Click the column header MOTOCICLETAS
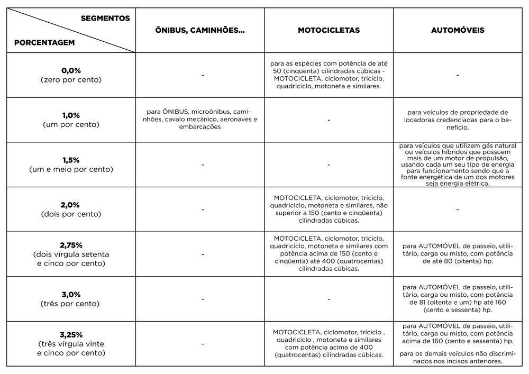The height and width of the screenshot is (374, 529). pyautogui.click(x=329, y=30)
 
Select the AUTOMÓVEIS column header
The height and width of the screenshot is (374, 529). pyautogui.click(x=458, y=30)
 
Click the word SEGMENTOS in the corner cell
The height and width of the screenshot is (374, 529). pyautogui.click(x=105, y=18)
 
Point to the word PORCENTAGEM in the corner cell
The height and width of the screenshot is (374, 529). pyautogui.click(x=44, y=42)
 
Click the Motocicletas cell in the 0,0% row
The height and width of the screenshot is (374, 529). pyautogui.click(x=329, y=75)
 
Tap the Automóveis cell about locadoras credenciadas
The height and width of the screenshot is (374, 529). pyautogui.click(x=458, y=120)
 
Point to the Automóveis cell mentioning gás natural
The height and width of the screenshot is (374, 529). pyautogui.click(x=458, y=165)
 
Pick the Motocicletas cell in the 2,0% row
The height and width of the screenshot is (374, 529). pyautogui.click(x=329, y=209)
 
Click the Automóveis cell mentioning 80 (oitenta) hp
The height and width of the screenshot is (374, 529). pyautogui.click(x=458, y=254)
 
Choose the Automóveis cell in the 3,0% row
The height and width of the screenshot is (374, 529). pyautogui.click(x=458, y=298)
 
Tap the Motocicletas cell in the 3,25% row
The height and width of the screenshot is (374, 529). pyautogui.click(x=329, y=343)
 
